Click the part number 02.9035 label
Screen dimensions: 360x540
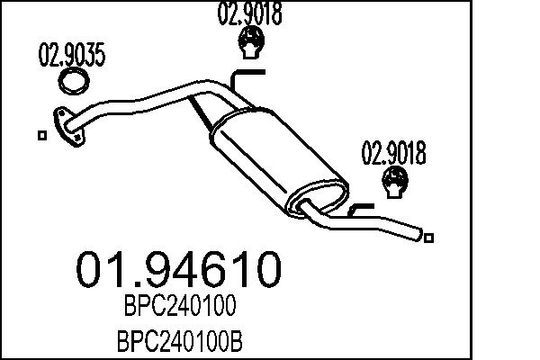click(x=71, y=57)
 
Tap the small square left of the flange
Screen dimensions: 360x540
click(x=41, y=136)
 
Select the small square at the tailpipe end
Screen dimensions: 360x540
click(x=430, y=238)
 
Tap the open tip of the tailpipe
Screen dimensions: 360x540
click(x=418, y=234)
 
